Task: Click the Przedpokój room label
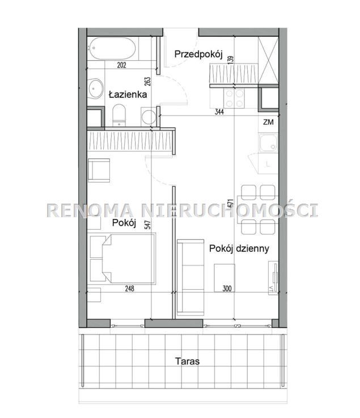coord(198,54)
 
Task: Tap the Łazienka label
coord(128,94)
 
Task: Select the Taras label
coord(187,361)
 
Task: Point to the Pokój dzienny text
coord(239,249)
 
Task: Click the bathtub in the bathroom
coord(112,49)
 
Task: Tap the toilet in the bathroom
coord(119,115)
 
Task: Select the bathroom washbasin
coord(96,88)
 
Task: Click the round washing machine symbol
coord(149,116)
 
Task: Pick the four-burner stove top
coord(235,98)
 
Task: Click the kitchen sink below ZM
coord(268,143)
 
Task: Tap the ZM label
coord(268,122)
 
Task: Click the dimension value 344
coord(219,112)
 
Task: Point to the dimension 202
coord(121,65)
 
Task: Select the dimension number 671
coord(231,203)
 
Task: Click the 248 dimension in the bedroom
coord(129,289)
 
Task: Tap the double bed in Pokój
coord(123,259)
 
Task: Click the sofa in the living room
coord(190,277)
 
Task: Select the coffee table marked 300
coord(225,278)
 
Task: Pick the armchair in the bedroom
coord(99,170)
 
